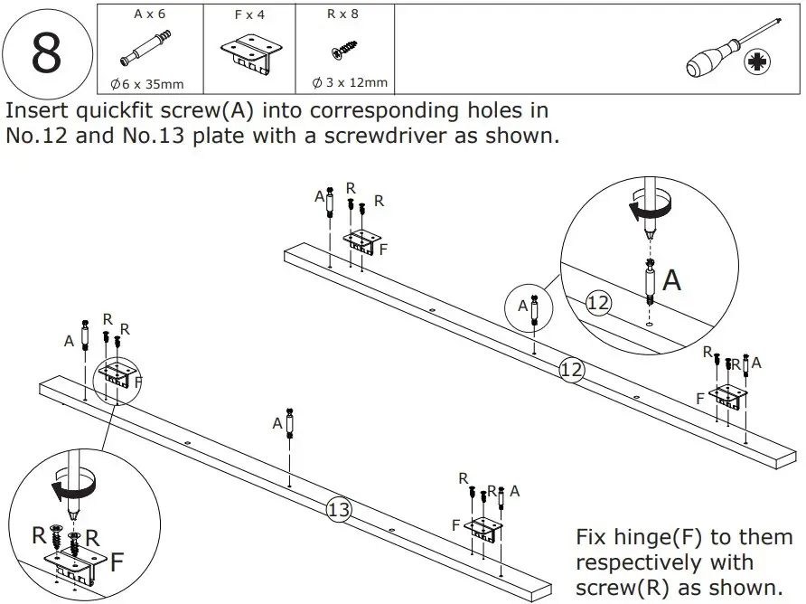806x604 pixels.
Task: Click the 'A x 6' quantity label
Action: point(150,14)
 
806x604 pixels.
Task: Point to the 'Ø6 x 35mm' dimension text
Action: point(146,84)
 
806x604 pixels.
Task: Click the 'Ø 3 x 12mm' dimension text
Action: point(350,82)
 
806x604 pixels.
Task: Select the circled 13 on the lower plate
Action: point(338,510)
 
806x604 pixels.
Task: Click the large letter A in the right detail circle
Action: point(671,280)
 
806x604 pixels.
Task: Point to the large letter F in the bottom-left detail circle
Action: point(117,562)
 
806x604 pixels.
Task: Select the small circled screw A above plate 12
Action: point(534,308)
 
